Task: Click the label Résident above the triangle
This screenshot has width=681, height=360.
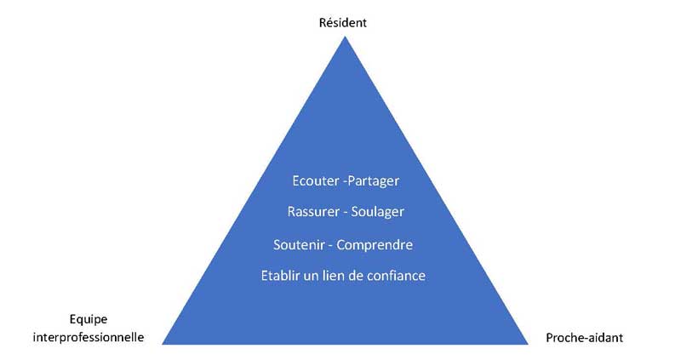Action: (x=343, y=23)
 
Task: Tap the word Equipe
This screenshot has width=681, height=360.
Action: (x=89, y=320)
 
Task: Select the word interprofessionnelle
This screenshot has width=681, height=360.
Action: (x=89, y=337)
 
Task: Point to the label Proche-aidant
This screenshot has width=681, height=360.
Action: (x=584, y=337)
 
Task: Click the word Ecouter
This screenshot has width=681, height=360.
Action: (x=316, y=180)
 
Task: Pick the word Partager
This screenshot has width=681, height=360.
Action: (x=373, y=181)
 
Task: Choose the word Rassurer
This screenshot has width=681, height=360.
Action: (x=313, y=211)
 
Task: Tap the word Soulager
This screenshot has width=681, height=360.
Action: (x=377, y=212)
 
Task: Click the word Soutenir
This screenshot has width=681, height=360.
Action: (x=299, y=245)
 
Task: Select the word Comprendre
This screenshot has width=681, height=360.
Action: (x=375, y=245)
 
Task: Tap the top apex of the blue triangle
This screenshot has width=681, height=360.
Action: (x=345, y=37)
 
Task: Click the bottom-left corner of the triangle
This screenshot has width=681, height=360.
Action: (x=163, y=344)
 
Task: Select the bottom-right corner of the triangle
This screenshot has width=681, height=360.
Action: (x=528, y=344)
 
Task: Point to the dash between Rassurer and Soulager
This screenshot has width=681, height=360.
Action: (x=346, y=213)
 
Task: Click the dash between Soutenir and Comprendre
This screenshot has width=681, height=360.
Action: (x=330, y=246)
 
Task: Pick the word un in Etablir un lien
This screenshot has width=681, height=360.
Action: (x=311, y=277)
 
